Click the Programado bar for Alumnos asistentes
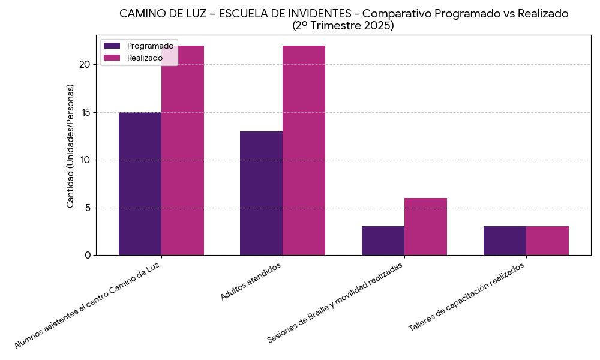tap(140, 184)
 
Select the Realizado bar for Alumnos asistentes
tap(182, 150)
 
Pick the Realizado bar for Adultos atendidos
tap(304, 150)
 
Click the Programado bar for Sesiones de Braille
tap(383, 241)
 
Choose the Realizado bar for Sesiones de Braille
tap(425, 226)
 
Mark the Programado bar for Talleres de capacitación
tap(505, 241)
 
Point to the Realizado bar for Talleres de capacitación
tap(547, 241)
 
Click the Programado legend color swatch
tap(112, 46)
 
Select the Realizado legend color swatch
tap(112, 58)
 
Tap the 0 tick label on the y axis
tap(88, 256)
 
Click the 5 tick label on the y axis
tap(88, 208)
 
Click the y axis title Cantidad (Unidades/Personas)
tap(70, 146)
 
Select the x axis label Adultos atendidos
tap(250, 281)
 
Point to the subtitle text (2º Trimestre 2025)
tap(343, 26)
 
